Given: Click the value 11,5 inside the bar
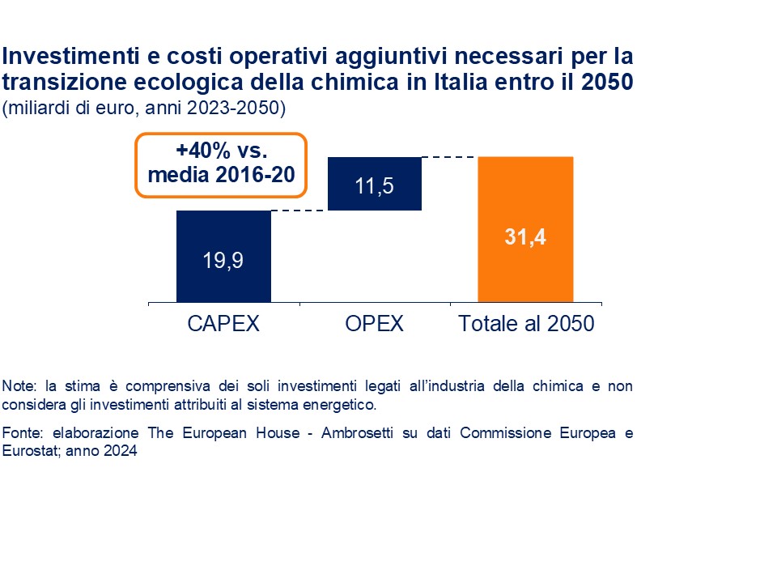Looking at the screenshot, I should (x=374, y=185).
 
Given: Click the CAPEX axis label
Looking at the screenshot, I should (x=223, y=324).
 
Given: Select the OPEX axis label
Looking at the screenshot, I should (x=374, y=324).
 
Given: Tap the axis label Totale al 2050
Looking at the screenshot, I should (x=526, y=324).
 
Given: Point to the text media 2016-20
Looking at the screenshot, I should (x=221, y=174).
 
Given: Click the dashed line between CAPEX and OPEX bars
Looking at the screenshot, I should (x=299, y=211).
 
